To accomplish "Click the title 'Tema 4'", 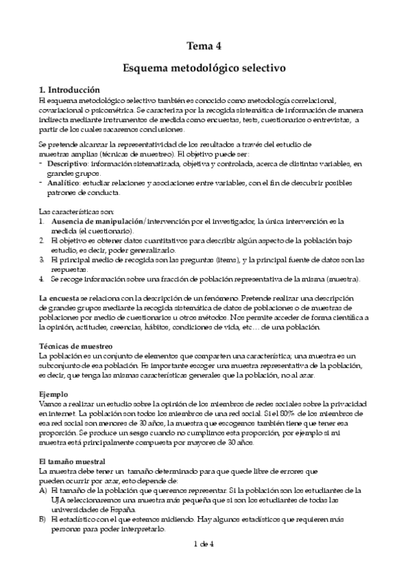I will [204, 46].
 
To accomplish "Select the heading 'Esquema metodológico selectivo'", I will [204, 68].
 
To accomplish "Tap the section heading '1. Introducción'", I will [69, 90].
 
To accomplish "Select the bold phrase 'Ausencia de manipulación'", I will [95, 222].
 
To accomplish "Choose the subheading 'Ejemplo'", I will [53, 394].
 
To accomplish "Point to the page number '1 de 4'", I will [204, 543].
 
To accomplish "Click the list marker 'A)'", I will [44, 490].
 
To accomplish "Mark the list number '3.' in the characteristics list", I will [42, 260].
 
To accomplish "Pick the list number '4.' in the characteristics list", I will [42, 279].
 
